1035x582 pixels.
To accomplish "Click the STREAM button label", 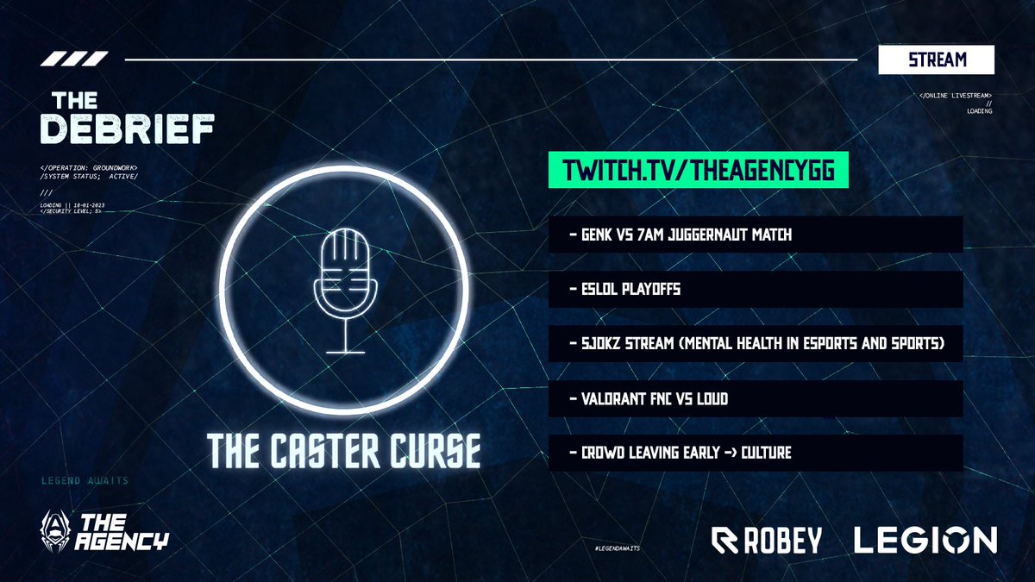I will [x=936, y=60].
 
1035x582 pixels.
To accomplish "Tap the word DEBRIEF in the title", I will [x=129, y=128].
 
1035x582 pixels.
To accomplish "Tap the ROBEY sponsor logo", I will [x=766, y=541].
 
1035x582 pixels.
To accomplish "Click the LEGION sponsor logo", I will [x=925, y=541].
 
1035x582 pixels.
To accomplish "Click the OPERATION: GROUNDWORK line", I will [x=88, y=166].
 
